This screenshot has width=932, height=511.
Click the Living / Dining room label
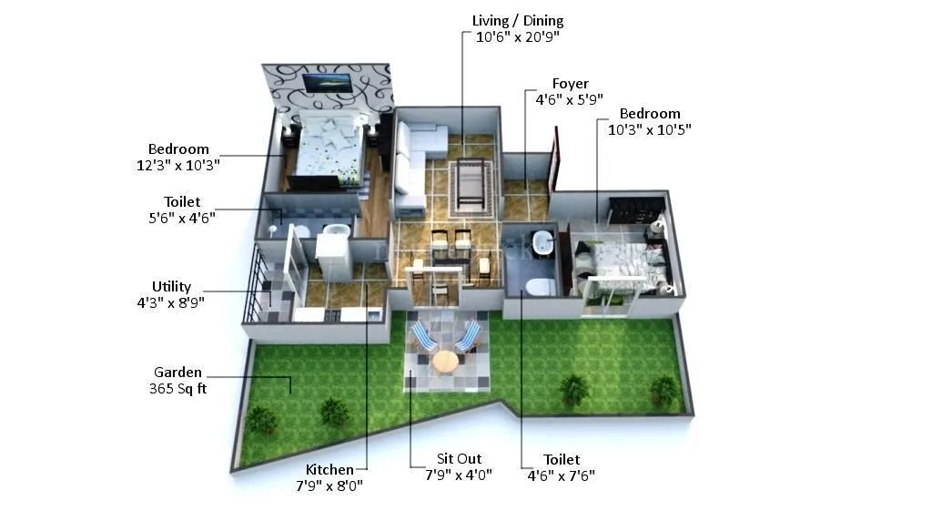518,20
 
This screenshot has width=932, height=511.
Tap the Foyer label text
570,84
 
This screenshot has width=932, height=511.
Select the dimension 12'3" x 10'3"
177,165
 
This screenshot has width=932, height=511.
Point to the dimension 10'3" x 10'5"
649,129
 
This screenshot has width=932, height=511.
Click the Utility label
171,286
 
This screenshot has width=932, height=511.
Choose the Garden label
177,372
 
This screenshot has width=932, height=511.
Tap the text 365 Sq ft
177,388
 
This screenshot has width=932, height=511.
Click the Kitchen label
329,469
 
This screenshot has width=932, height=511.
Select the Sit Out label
459,458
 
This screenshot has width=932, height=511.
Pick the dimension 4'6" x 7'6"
562,475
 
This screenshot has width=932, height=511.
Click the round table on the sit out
445,361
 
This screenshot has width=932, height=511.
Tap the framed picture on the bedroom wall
327,82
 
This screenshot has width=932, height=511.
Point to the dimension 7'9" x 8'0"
329,485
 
